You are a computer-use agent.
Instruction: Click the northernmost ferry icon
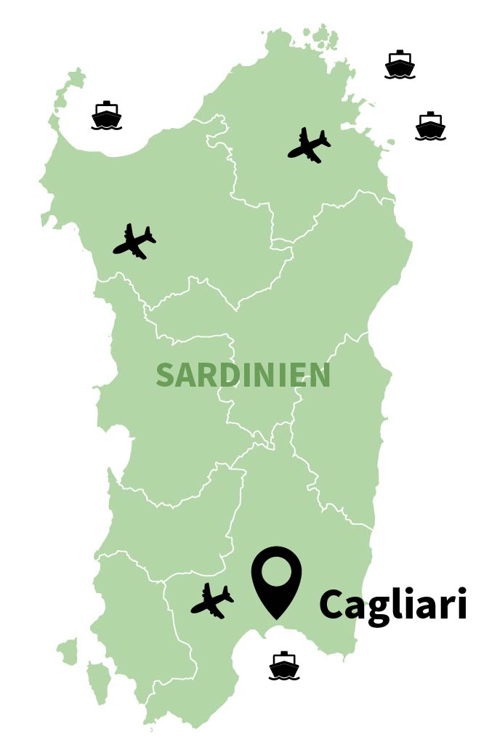tap(400, 65)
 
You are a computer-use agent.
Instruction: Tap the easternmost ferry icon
tap(430, 126)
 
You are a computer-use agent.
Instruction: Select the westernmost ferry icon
tap(106, 116)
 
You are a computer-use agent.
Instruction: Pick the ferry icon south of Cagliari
tap(284, 667)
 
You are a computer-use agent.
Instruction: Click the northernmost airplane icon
tap(310, 145)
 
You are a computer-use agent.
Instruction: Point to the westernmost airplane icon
tap(134, 241)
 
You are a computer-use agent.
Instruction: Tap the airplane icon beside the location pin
tap(212, 601)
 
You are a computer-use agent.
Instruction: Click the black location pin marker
tap(276, 581)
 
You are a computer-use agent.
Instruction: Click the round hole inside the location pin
tap(276, 572)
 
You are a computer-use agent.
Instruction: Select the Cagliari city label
tap(392, 605)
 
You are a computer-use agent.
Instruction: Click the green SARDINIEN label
tap(243, 376)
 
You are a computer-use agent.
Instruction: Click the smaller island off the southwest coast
tap(68, 651)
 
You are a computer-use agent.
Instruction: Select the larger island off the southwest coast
tap(98, 681)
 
